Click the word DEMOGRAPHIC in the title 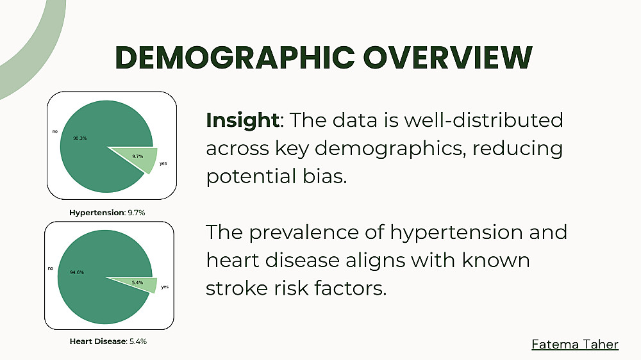235,57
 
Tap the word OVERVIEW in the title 448,57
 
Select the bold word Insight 242,120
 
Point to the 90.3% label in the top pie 80,138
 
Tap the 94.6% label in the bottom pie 77,272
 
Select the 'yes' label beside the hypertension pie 163,163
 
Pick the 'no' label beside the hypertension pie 54,131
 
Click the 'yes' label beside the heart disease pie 165,287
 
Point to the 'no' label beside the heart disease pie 50,268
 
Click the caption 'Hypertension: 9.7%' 107,213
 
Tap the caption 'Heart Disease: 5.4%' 108,341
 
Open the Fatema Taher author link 575,344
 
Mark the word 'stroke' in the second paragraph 237,288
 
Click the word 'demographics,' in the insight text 390,149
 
